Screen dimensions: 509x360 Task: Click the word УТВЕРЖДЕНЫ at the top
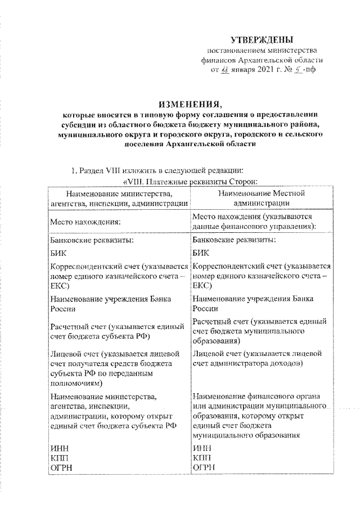click(262, 39)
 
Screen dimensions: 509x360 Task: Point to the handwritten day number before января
click(225, 70)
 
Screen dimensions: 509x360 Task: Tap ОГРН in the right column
click(202, 467)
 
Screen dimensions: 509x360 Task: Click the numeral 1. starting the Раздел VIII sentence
click(71, 169)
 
